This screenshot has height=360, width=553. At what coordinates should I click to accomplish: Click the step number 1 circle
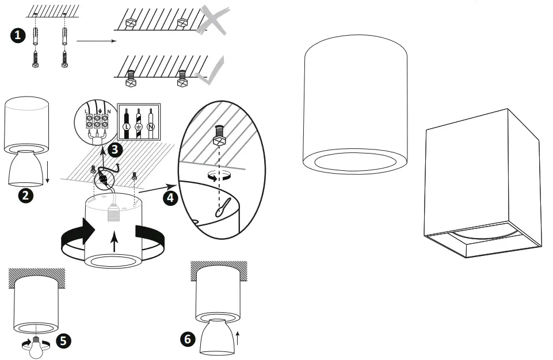pos(18,36)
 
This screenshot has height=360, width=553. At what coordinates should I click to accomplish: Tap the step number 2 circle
pos(25,194)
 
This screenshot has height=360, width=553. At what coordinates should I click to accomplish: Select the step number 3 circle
pos(116,151)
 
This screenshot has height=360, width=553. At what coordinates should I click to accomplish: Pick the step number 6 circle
pos(186,339)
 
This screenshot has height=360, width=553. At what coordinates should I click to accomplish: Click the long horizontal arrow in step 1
pos(96,41)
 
